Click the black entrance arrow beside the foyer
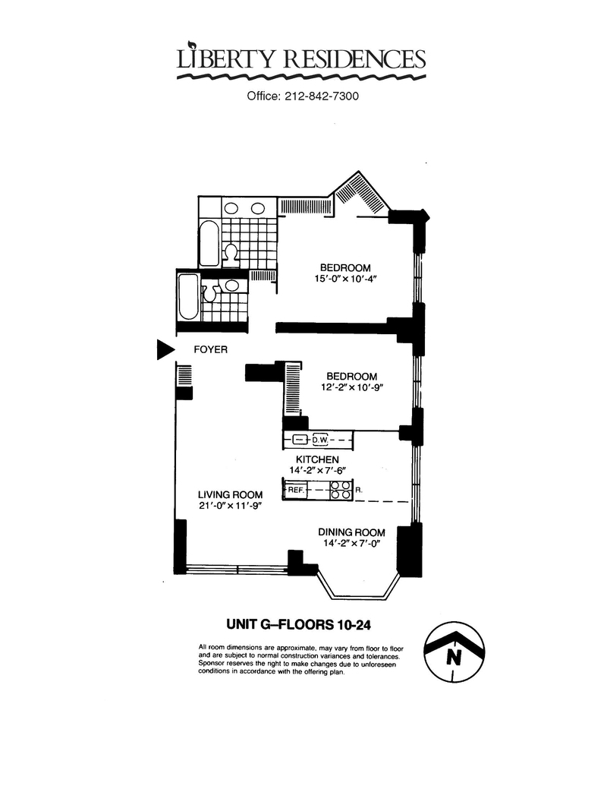[x=165, y=349]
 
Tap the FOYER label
[x=210, y=349]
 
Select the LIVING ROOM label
[x=230, y=494]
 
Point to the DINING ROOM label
[x=351, y=532]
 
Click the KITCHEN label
[x=317, y=459]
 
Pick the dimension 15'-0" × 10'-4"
[x=345, y=279]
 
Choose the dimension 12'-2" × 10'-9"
[x=351, y=387]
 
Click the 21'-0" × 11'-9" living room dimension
[x=230, y=506]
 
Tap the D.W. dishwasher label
[x=320, y=440]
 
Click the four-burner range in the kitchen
[x=341, y=490]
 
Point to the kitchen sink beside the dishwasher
[x=299, y=440]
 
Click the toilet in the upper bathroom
[x=231, y=252]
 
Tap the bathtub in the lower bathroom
[x=188, y=297]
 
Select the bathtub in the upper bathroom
[x=209, y=244]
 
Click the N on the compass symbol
[x=454, y=656]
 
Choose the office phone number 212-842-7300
[x=322, y=96]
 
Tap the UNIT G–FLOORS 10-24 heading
[x=298, y=624]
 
